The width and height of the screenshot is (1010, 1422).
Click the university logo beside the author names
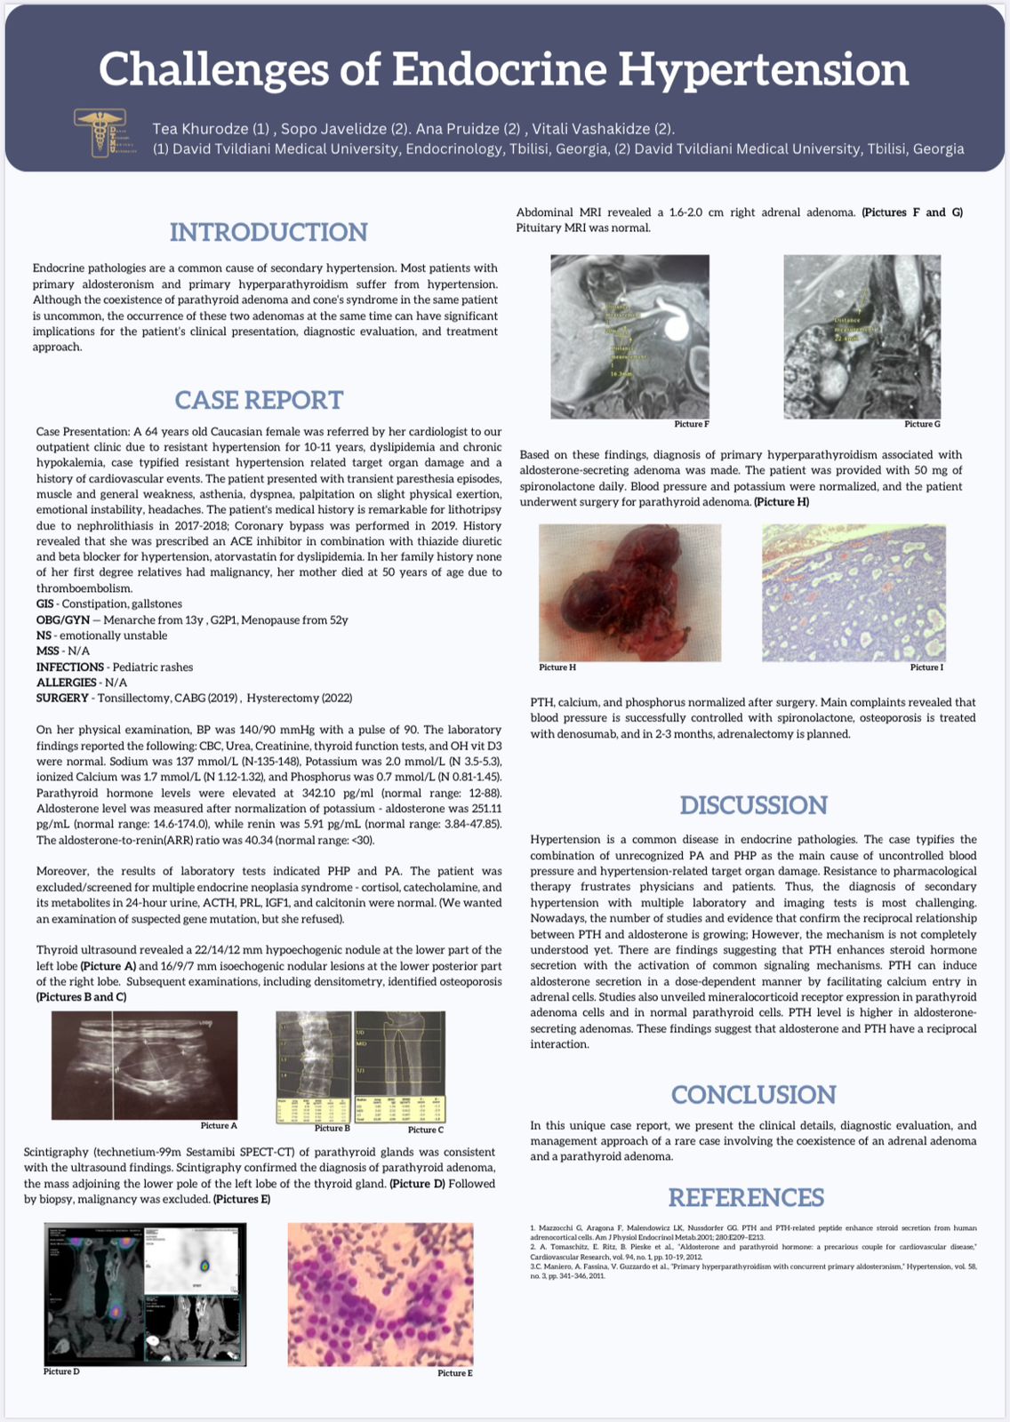(x=105, y=133)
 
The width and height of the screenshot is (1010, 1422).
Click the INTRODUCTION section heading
(x=269, y=232)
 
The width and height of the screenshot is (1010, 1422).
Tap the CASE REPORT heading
(x=259, y=400)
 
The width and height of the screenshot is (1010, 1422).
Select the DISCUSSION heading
(x=753, y=805)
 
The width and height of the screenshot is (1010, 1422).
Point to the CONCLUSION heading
(x=753, y=1094)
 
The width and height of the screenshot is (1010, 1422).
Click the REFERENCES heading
(x=746, y=1197)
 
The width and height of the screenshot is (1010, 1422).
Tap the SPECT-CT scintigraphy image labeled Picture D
(x=145, y=1293)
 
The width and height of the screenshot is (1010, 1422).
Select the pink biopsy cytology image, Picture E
(x=381, y=1293)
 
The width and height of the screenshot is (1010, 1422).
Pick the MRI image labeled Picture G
(x=862, y=336)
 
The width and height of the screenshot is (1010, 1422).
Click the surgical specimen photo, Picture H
(x=629, y=592)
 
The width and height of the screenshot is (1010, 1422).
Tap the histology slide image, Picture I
(x=854, y=592)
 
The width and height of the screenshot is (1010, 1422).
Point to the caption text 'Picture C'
(x=426, y=1130)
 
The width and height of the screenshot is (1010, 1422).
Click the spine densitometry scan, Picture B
(x=313, y=1066)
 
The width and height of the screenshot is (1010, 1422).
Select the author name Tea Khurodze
(x=200, y=129)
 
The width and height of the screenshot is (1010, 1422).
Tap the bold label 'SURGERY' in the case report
(x=62, y=699)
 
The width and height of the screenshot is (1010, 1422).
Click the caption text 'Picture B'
(x=333, y=1128)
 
